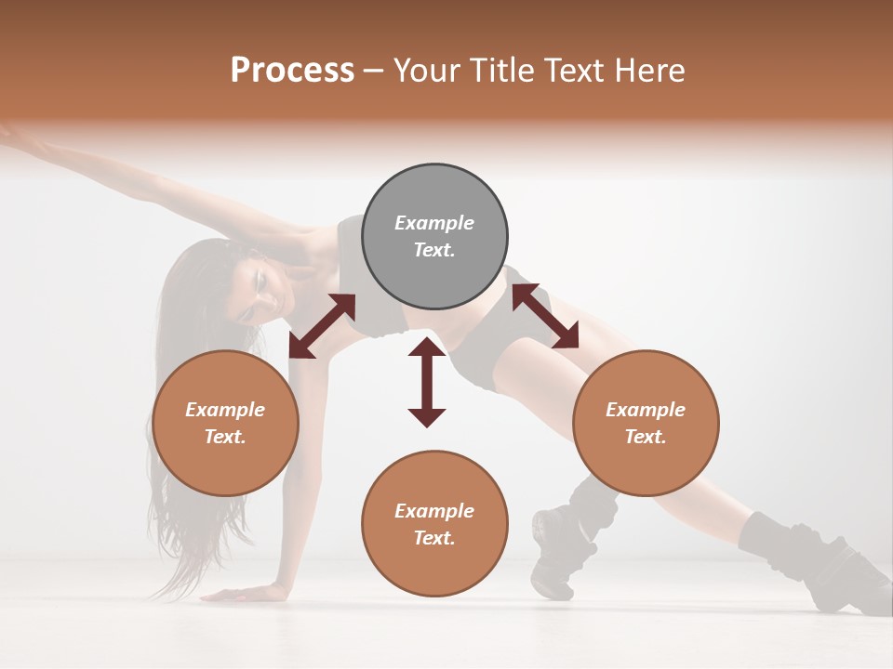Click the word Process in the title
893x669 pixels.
(292, 71)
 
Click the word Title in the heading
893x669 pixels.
(500, 71)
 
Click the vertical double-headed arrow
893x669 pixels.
(427, 382)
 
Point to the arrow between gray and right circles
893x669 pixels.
(545, 317)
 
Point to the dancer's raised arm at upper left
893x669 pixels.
(112, 172)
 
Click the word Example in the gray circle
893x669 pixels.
(434, 223)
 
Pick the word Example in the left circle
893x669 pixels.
(225, 410)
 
